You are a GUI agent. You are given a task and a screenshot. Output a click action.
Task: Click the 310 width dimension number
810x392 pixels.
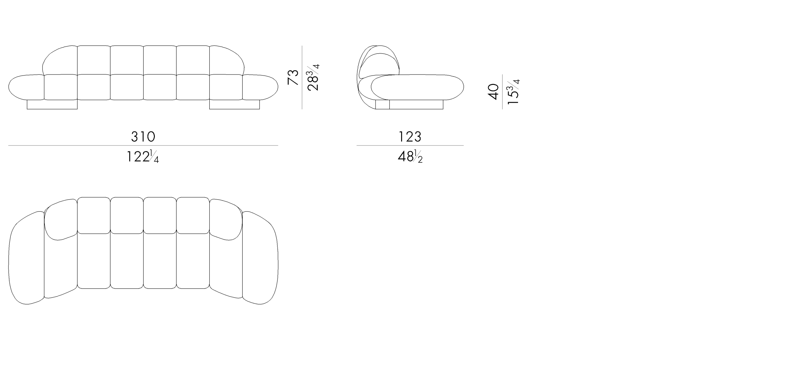(x=143, y=137)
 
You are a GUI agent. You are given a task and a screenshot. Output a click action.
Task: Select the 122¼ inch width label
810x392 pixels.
(x=143, y=157)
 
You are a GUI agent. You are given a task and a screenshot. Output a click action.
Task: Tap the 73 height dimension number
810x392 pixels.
(x=293, y=77)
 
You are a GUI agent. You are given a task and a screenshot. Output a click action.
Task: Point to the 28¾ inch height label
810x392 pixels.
(x=313, y=77)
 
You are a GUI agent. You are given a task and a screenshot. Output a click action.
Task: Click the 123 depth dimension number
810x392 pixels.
(x=410, y=137)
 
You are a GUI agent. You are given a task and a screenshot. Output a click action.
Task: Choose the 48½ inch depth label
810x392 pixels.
(x=410, y=157)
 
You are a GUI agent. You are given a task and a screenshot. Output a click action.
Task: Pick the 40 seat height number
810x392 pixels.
(x=493, y=92)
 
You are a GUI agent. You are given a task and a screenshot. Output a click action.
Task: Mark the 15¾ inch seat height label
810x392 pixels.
(x=513, y=92)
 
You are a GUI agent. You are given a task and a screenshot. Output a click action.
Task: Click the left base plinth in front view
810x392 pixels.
(x=52, y=104)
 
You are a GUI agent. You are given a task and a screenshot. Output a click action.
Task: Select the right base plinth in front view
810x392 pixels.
(x=235, y=104)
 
